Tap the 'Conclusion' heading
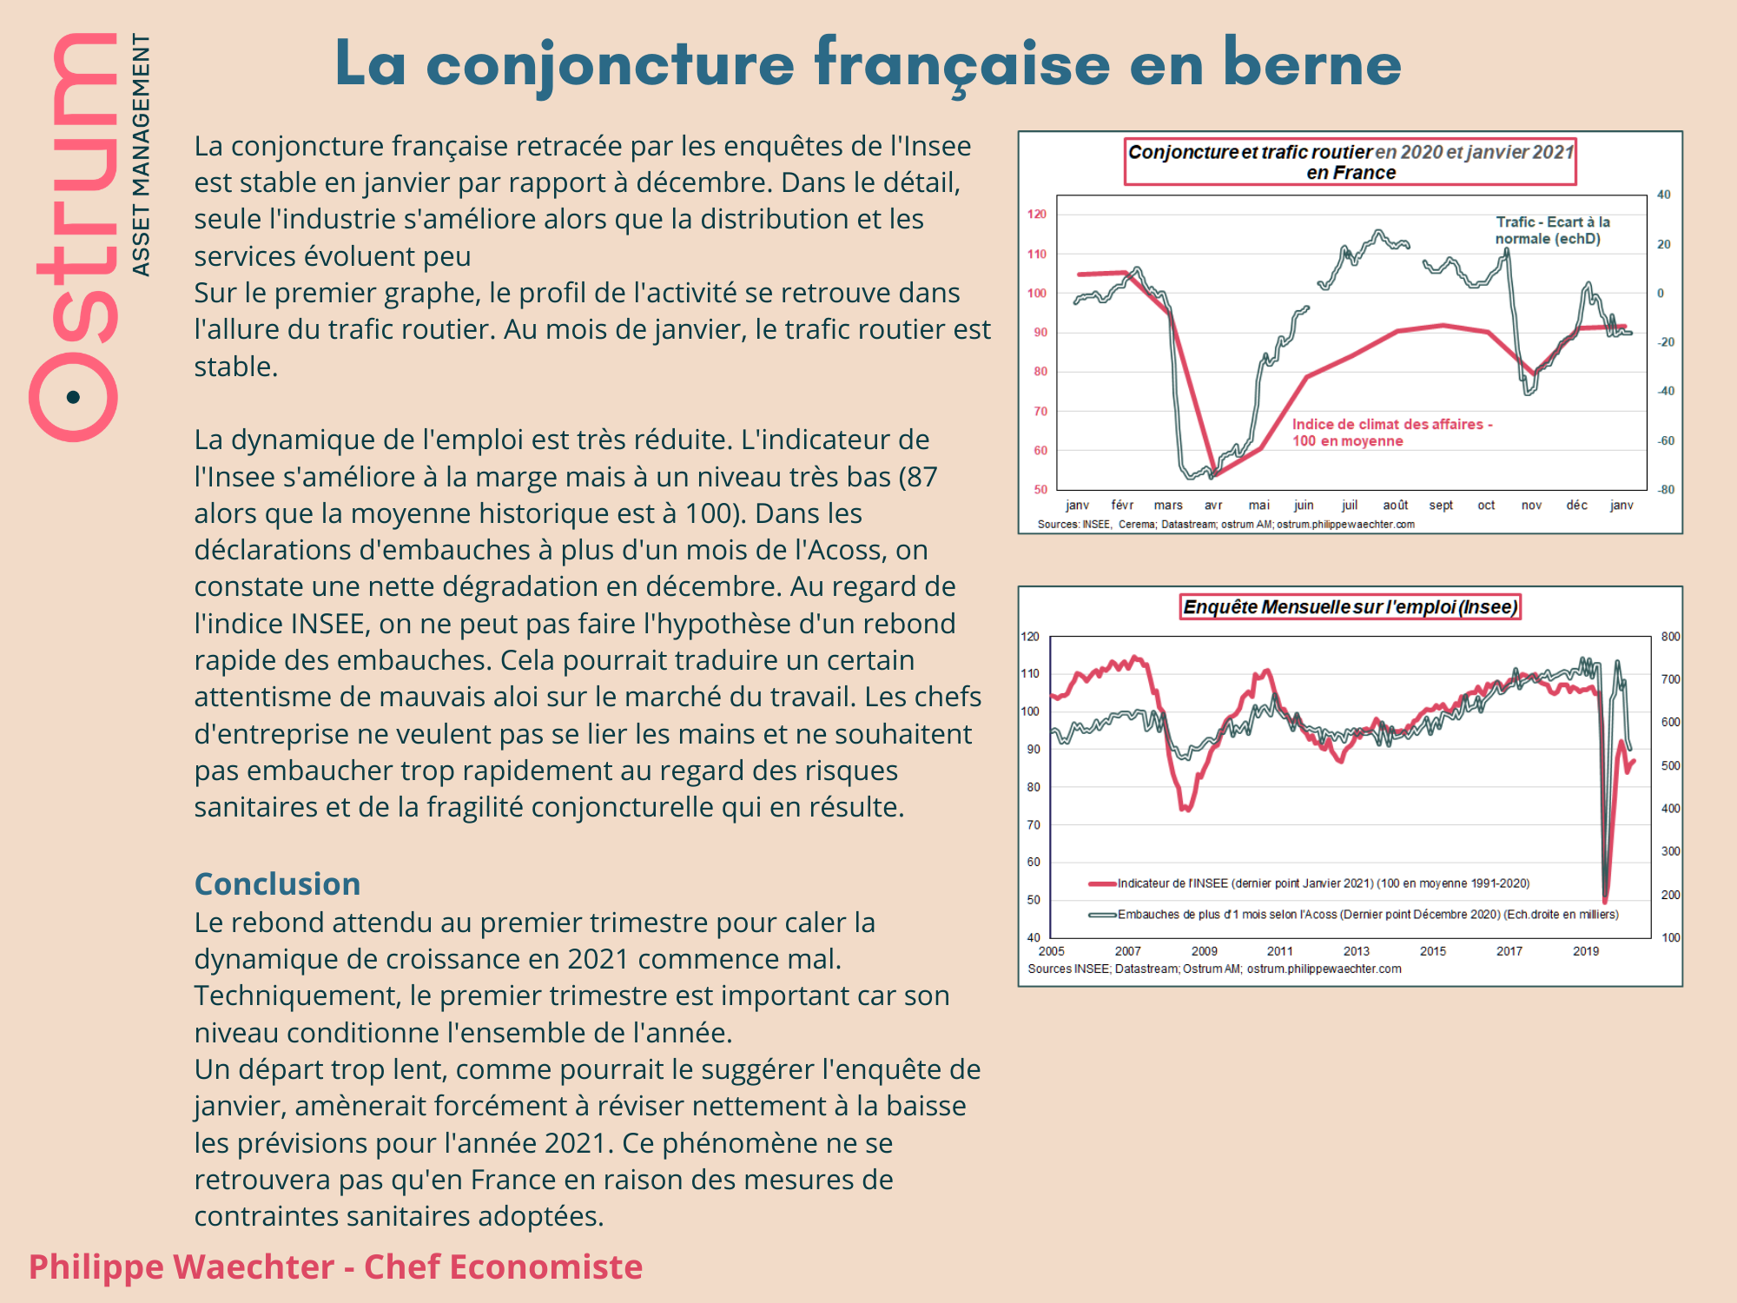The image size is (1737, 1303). pos(277,883)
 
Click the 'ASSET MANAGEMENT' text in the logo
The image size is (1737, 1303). pos(141,155)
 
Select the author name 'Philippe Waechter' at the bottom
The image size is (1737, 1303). pos(181,1267)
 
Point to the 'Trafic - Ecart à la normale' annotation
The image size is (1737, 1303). pos(1552,230)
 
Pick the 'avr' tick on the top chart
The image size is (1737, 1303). pos(1213,505)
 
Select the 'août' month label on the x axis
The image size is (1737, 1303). pos(1395,505)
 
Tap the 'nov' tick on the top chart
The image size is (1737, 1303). pos(1531,505)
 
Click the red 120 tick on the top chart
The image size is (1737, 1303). pos(1037,214)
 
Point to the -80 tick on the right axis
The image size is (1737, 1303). pos(1665,489)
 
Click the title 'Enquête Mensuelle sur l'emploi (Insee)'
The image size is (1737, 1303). pos(1350,607)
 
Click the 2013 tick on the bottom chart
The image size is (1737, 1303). pos(1356,951)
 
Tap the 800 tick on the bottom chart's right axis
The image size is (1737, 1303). pos(1670,637)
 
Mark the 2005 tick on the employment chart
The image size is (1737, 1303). pos(1051,951)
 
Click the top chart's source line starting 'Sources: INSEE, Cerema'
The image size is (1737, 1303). pos(1225,525)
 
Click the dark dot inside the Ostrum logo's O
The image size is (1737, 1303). pos(73,397)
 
